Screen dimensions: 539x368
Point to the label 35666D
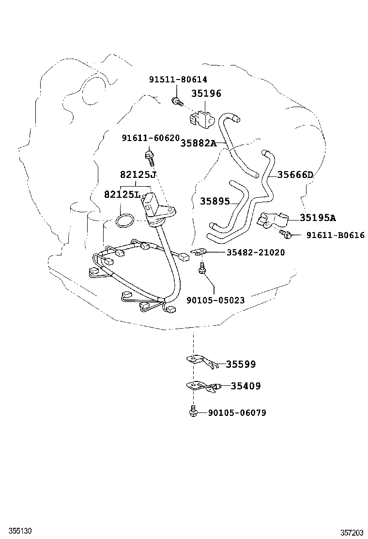295,175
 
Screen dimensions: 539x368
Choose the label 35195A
318,218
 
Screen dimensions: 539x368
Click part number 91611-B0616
335,236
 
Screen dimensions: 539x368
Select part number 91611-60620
151,139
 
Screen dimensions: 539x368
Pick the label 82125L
122,194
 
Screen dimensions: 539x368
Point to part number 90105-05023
215,301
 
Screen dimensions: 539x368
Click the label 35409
245,386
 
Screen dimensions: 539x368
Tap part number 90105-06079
237,413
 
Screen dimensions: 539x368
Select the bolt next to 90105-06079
193,412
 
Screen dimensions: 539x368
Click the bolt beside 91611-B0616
286,235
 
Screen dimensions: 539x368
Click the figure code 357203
351,532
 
